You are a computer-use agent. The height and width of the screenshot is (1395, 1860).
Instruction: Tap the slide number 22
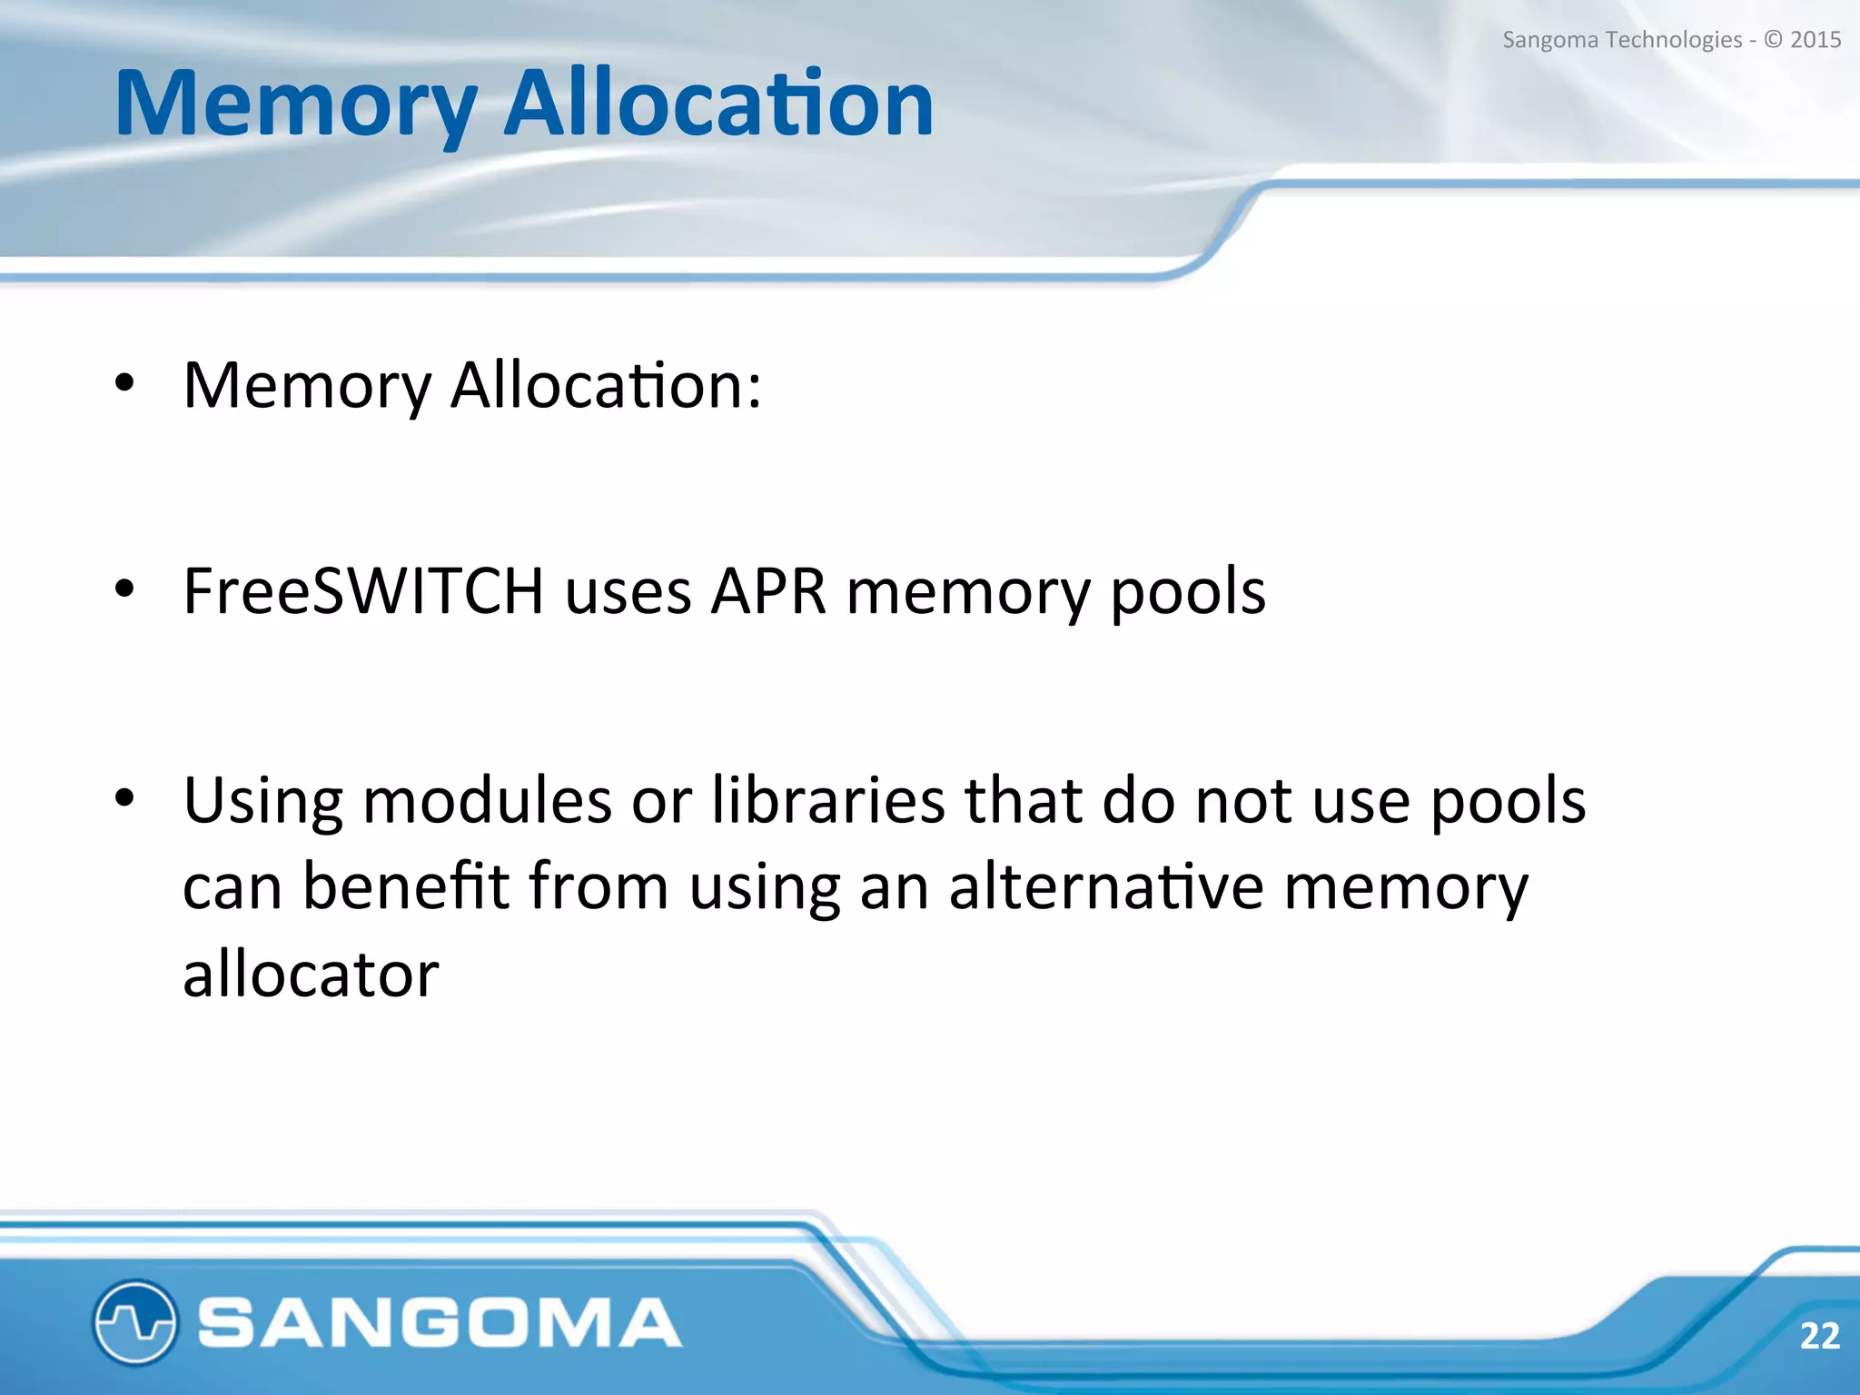pos(1819,1336)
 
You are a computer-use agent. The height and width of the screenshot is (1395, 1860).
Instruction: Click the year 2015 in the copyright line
pos(1815,40)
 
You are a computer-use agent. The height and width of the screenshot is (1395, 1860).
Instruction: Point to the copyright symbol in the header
pos(1773,40)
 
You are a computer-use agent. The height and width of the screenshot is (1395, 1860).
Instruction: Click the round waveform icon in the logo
pos(134,1322)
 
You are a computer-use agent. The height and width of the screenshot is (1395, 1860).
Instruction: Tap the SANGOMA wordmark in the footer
pos(440,1322)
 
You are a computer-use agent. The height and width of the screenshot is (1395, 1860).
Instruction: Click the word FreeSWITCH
pos(363,591)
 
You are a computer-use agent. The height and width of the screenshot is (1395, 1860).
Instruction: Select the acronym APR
pos(768,591)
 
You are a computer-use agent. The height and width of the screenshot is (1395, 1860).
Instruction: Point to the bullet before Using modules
pos(124,798)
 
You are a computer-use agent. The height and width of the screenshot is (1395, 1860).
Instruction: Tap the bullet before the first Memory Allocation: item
pos(124,383)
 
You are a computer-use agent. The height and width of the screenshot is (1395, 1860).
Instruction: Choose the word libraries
pos(828,800)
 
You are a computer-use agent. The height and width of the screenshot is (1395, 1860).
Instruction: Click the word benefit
pos(405,885)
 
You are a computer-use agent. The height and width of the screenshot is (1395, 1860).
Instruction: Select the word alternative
pos(1105,885)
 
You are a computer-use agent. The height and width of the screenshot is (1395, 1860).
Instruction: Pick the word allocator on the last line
pos(311,974)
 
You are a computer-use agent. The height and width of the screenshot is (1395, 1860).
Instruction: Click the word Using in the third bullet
pos(262,802)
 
